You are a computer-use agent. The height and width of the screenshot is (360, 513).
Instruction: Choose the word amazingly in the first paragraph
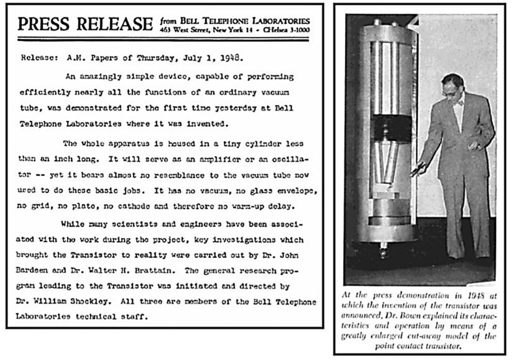tap(103, 77)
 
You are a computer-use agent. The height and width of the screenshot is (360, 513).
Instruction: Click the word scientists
tap(125, 224)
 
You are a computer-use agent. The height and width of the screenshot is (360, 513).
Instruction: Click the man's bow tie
tap(458, 103)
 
